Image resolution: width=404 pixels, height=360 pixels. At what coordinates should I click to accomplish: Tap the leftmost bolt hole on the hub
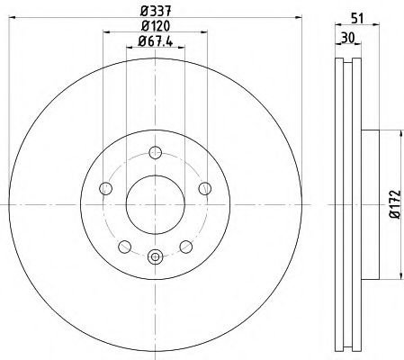[x=104, y=188]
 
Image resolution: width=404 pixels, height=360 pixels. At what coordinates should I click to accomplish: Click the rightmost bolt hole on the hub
[x=204, y=187]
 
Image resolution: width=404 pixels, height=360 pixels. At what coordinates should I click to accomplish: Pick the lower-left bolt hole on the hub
[x=123, y=246]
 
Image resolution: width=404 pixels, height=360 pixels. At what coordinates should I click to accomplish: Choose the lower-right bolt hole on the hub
[x=185, y=246]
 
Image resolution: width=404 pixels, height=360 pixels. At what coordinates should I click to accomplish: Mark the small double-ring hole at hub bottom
[x=154, y=256]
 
